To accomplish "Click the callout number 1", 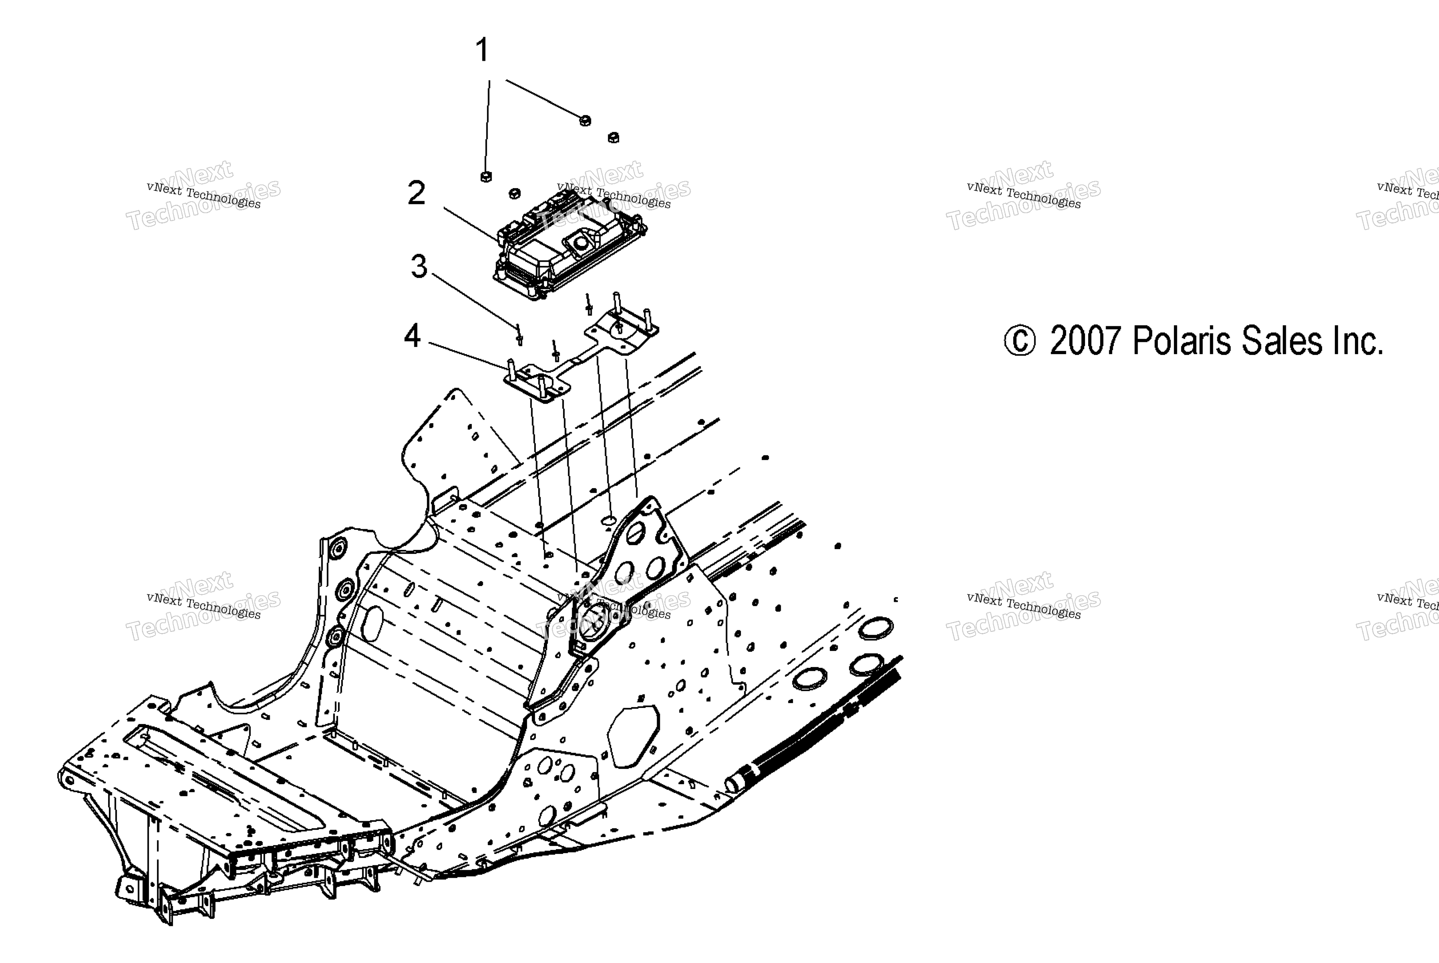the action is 483,50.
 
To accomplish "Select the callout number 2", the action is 417,194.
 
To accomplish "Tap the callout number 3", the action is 419,267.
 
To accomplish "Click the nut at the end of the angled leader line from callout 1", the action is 585,120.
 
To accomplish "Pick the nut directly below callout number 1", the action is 485,177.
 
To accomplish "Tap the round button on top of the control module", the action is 580,243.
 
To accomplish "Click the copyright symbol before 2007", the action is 1020,341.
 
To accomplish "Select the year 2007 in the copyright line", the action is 1086,341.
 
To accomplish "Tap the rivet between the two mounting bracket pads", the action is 555,351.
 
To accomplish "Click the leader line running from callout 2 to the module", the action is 472,224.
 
